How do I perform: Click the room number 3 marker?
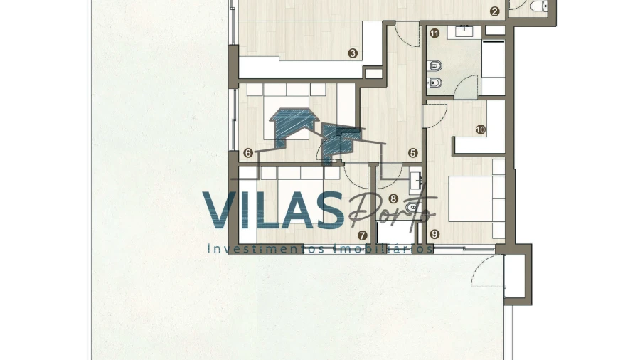click(353, 53)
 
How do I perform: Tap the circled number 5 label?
click(412, 153)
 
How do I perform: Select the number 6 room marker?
click(247, 153)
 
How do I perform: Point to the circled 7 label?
click(362, 235)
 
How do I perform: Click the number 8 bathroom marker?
click(393, 198)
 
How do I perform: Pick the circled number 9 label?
click(434, 234)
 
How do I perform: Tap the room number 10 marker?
click(481, 129)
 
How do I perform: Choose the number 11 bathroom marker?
click(434, 33)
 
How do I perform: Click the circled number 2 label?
click(494, 11)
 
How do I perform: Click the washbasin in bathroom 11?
click(464, 31)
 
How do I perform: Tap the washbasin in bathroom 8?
click(416, 181)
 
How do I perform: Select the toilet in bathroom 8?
click(413, 208)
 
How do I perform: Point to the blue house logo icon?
click(315, 134)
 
